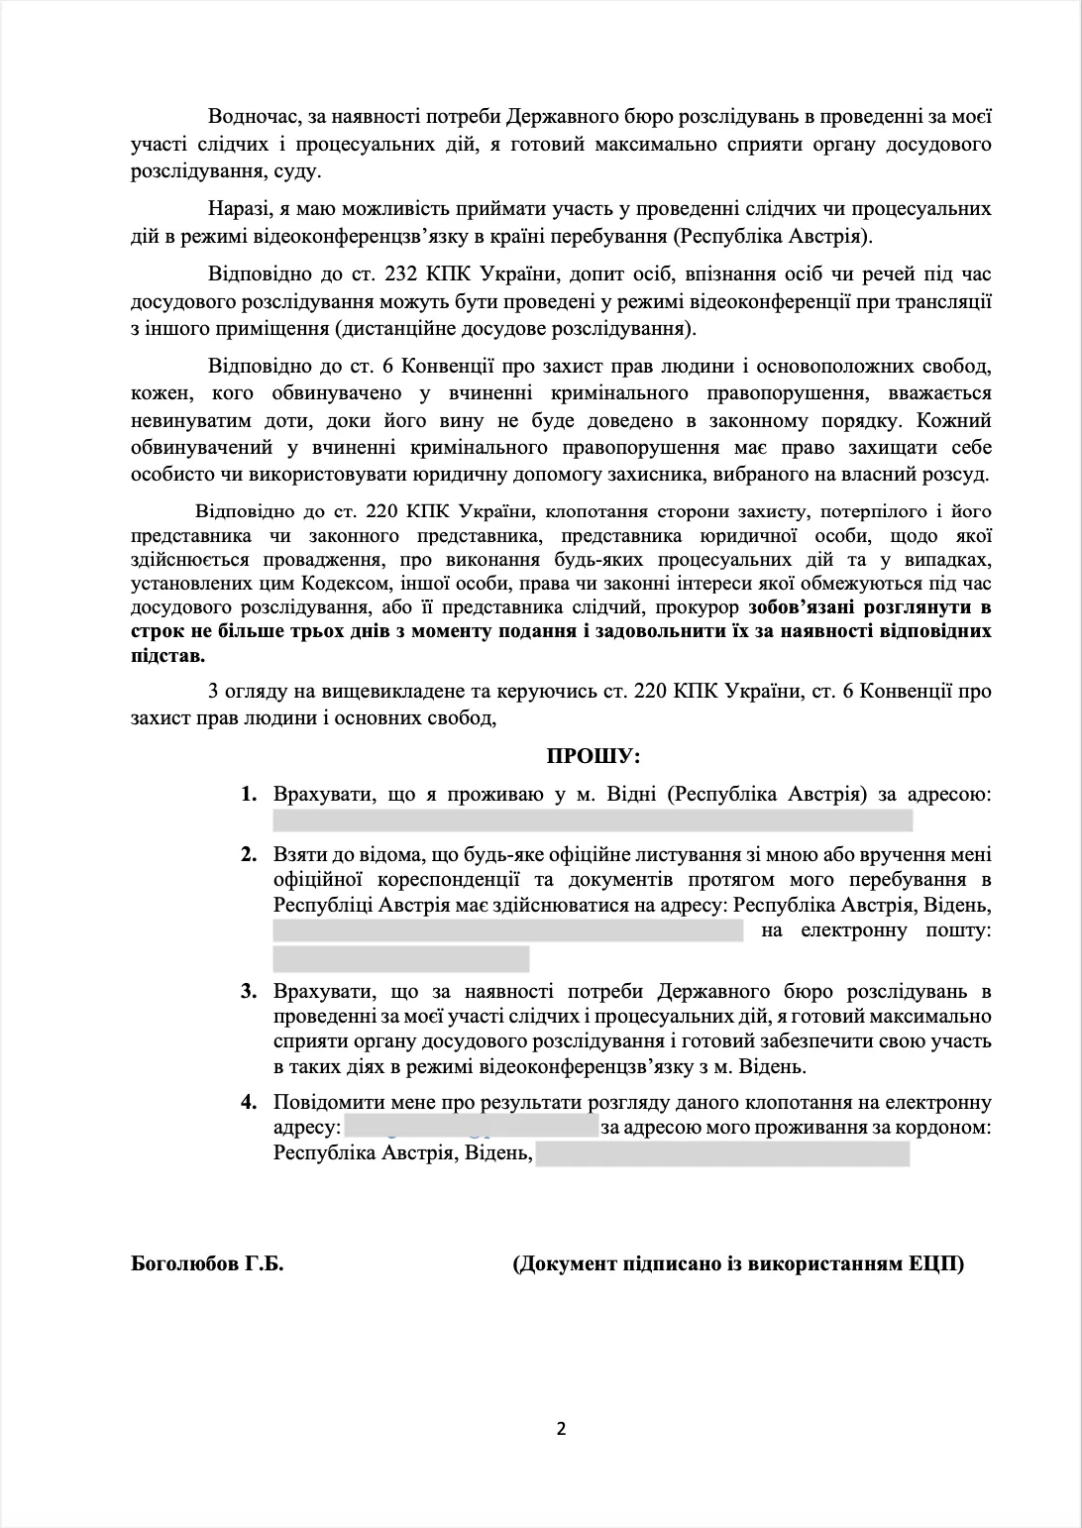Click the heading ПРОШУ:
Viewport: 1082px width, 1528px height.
[594, 757]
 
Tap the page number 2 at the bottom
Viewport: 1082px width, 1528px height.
[561, 1428]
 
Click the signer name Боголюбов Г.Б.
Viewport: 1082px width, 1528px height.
[207, 1263]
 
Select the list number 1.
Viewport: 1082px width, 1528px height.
[249, 795]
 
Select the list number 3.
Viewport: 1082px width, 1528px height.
[249, 991]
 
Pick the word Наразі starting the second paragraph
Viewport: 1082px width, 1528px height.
[238, 210]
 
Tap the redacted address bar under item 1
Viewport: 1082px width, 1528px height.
[592, 820]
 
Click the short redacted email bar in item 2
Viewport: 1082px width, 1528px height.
[400, 958]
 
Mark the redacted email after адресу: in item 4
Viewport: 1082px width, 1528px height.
[471, 1128]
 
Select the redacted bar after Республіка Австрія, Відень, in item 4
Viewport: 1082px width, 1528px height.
[721, 1154]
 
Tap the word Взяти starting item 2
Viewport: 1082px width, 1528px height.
[298, 854]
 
